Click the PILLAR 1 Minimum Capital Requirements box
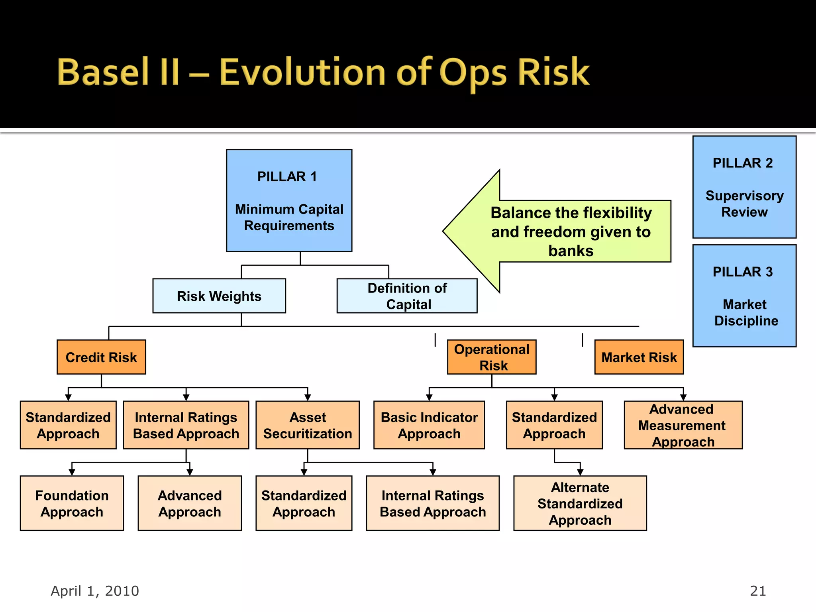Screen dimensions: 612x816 point(289,200)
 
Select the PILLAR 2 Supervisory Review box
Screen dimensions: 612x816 point(744,187)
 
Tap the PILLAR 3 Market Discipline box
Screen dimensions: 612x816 point(744,296)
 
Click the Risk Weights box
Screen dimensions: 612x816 point(219,296)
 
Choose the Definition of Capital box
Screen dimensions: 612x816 point(407,296)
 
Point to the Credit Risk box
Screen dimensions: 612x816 point(101,357)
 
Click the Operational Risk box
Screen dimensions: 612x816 point(492,357)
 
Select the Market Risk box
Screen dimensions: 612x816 point(639,357)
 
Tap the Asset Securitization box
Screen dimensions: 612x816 point(307,425)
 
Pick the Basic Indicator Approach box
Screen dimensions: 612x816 point(429,425)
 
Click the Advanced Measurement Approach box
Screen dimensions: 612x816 point(683,425)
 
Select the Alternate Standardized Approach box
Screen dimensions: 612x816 point(580,503)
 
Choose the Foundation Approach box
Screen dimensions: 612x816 point(72,503)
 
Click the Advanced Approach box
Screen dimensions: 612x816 point(190,503)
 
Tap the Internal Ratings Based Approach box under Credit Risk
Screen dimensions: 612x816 point(186,425)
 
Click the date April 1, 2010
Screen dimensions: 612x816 point(95,591)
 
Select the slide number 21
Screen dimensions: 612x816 point(757,591)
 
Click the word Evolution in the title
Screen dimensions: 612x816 point(302,72)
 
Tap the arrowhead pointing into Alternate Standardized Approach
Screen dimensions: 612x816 point(580,472)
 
